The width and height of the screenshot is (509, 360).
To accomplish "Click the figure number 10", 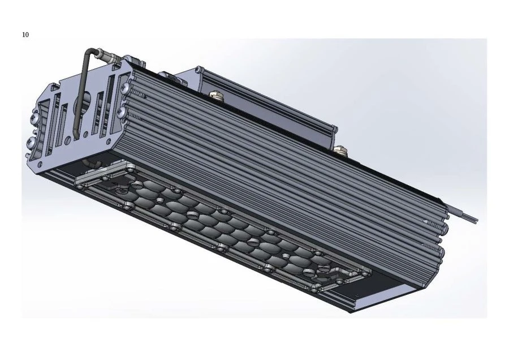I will (25, 35).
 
